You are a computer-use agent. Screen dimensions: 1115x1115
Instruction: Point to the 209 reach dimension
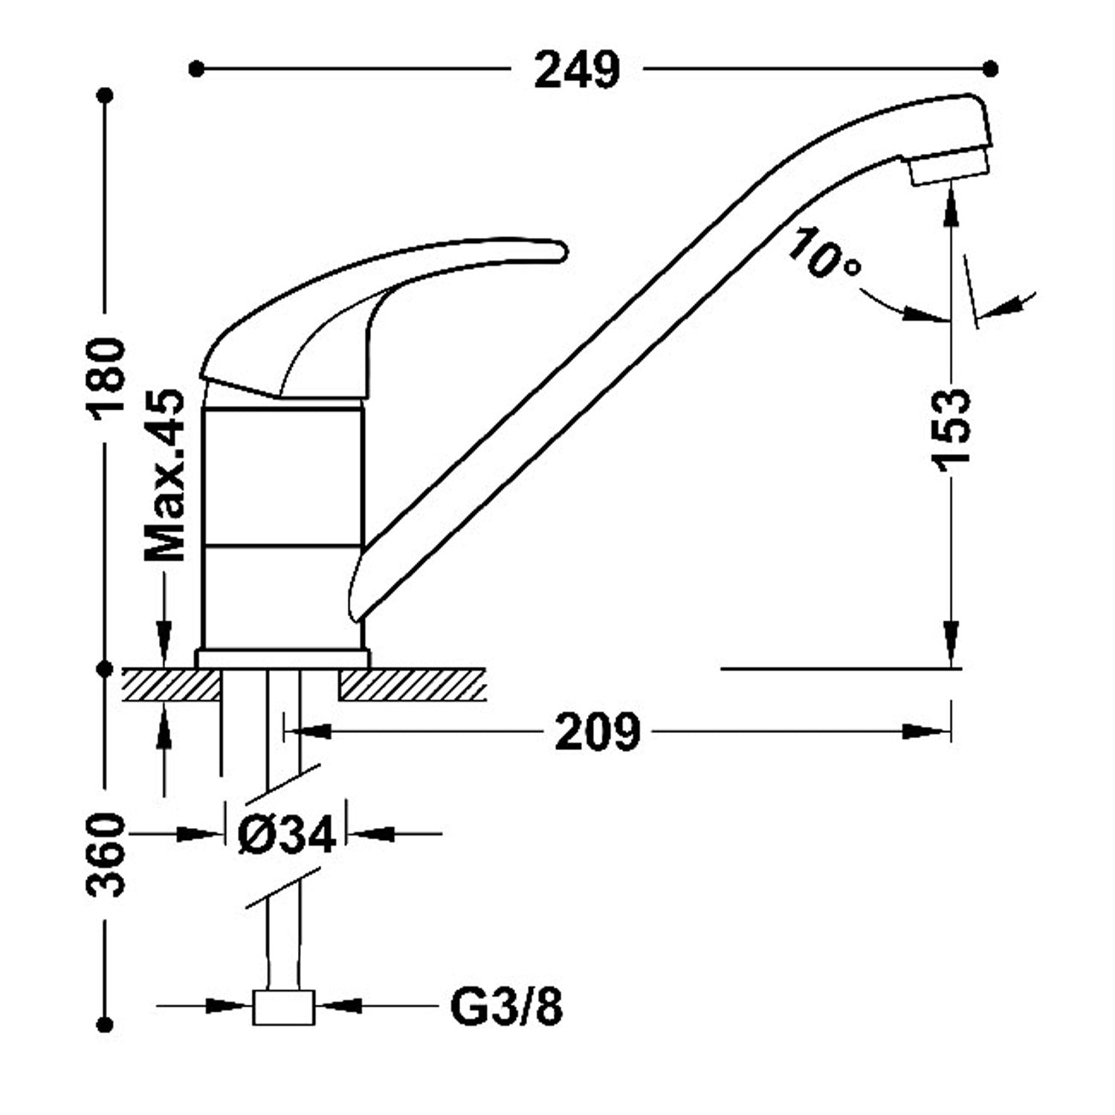598,732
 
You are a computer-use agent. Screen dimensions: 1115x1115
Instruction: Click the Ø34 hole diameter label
286,834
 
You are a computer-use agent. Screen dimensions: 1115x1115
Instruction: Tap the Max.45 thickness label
164,475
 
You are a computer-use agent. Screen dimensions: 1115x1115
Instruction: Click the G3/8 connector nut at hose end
283,1007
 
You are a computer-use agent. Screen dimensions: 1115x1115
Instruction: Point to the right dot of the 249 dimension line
990,69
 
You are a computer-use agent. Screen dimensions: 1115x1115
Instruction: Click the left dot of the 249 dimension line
196,69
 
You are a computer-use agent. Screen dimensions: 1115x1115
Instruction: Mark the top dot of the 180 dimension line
106,96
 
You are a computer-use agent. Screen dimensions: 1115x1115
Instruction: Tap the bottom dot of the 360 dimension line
106,1024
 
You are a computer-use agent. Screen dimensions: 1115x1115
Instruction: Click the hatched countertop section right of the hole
413,685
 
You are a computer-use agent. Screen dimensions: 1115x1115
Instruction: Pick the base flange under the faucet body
282,658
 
